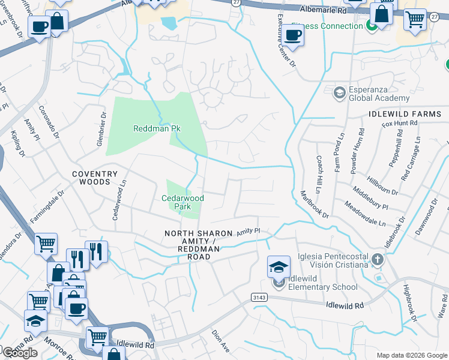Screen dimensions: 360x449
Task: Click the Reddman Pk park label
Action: click(x=157, y=128)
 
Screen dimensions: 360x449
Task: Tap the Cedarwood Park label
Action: click(x=182, y=202)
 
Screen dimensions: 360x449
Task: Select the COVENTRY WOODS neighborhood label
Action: click(x=95, y=178)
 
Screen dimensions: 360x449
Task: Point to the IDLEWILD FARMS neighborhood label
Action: click(x=408, y=113)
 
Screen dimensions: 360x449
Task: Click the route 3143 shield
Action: click(x=259, y=298)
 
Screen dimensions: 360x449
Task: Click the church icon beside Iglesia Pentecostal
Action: click(x=377, y=259)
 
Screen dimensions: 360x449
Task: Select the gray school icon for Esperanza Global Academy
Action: click(x=340, y=92)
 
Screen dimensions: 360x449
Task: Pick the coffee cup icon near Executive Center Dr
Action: click(x=293, y=35)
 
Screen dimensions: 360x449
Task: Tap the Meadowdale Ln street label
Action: click(x=364, y=214)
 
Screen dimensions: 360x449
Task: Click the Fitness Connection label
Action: click(x=327, y=26)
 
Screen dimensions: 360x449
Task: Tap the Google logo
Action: click(x=20, y=352)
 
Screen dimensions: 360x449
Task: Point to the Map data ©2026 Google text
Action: click(x=411, y=355)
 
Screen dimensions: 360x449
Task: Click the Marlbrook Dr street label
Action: click(x=315, y=204)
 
